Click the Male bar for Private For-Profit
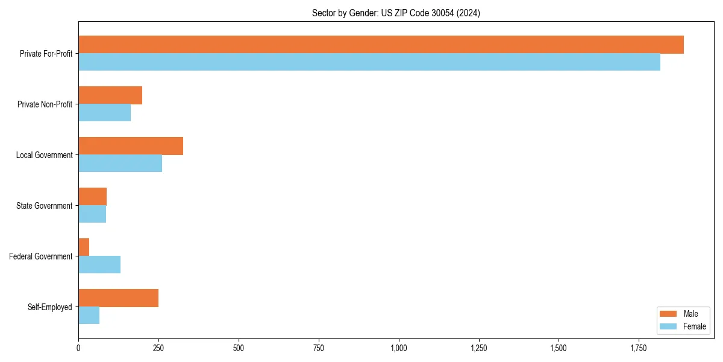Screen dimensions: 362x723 click(381, 45)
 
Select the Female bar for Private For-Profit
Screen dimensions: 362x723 click(369, 62)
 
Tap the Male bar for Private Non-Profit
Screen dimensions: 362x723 click(110, 95)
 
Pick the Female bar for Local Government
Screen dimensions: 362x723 click(120, 164)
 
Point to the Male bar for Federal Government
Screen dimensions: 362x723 click(84, 247)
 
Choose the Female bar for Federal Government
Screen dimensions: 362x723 click(99, 265)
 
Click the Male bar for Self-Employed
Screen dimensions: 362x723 click(119, 298)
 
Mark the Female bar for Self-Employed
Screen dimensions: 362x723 click(89, 316)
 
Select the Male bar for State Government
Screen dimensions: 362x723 click(93, 197)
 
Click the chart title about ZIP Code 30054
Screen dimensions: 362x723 click(396, 13)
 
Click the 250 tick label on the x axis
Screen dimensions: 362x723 click(158, 348)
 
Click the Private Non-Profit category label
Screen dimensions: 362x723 click(45, 104)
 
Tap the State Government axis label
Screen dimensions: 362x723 click(44, 206)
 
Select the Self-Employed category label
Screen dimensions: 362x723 click(50, 307)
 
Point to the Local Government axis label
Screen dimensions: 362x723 click(44, 155)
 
